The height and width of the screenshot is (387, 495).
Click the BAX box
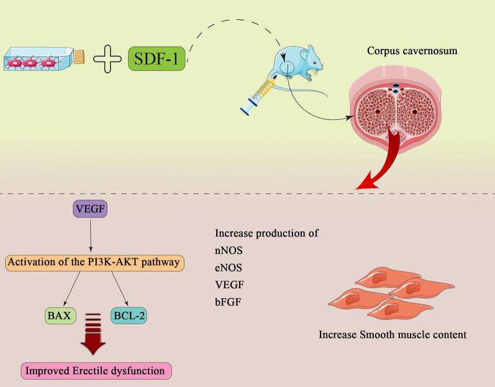click(60, 316)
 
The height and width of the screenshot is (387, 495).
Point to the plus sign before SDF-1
click(107, 59)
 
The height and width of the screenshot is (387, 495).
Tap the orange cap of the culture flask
click(79, 57)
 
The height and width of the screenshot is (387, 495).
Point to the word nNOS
click(228, 253)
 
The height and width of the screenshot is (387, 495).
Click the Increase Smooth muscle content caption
click(392, 334)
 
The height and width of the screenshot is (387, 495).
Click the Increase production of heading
click(266, 234)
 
